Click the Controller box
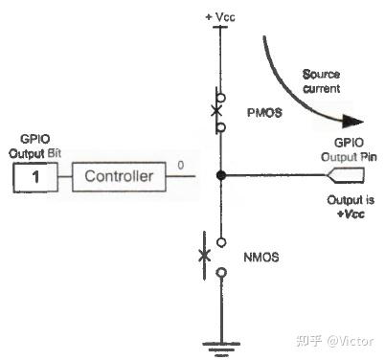click(x=119, y=176)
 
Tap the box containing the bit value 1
click(x=34, y=176)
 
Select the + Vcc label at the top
click(x=220, y=16)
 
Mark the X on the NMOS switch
click(x=204, y=256)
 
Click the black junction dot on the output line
click(x=221, y=176)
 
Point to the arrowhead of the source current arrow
click(x=354, y=122)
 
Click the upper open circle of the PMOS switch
click(x=221, y=96)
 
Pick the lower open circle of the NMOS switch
click(x=221, y=274)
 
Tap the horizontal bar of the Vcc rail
click(x=221, y=27)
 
